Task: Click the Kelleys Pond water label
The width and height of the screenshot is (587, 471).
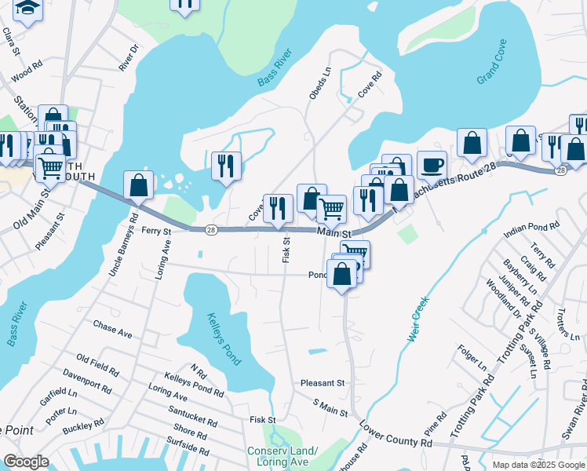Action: (224, 339)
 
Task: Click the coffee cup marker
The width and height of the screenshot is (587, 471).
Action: (432, 166)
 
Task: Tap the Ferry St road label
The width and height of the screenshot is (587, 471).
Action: (162, 230)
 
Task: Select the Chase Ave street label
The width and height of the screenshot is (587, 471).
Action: (112, 327)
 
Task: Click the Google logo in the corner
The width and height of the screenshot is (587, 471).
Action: (26, 461)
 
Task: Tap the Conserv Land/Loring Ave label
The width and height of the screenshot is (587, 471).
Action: (283, 456)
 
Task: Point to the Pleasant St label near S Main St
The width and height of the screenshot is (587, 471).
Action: (323, 383)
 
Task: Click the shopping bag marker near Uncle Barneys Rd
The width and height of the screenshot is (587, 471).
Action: (139, 186)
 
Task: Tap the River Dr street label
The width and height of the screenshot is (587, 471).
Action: (128, 58)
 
